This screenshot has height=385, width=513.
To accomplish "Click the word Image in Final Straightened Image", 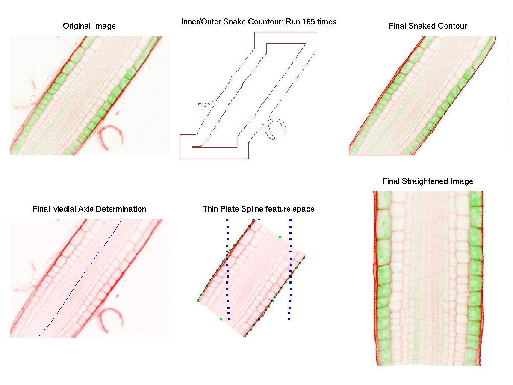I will tap(461, 181).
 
